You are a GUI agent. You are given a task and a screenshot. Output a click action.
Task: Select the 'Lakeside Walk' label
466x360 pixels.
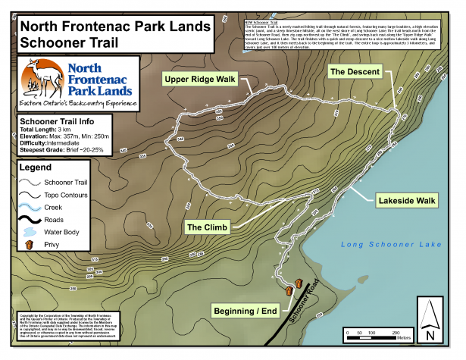click(405, 201)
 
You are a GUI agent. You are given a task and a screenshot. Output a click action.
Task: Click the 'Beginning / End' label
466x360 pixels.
click(245, 311)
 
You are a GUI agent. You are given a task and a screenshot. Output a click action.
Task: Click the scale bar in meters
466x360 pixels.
click(375, 331)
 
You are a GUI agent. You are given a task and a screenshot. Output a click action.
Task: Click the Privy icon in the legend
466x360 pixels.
click(29, 246)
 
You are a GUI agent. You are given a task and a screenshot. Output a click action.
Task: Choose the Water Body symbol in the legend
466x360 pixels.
click(29, 231)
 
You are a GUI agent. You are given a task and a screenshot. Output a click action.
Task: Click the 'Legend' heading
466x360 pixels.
click(35, 167)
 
